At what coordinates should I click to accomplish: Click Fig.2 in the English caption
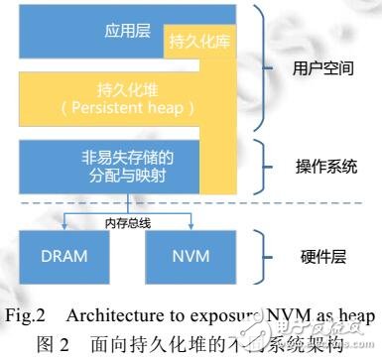click(30, 314)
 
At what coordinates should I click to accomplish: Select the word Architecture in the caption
click(111, 314)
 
